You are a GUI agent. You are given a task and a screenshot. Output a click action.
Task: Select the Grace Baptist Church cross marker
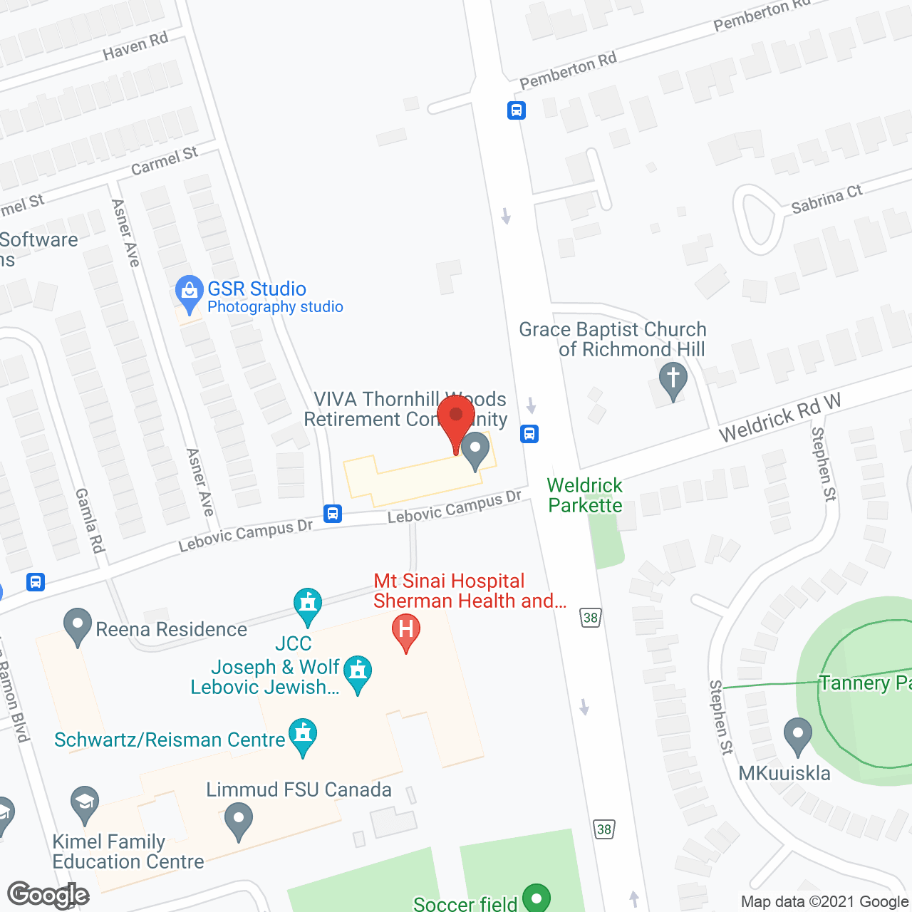coord(673,380)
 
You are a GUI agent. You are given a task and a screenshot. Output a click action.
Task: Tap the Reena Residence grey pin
coord(77,626)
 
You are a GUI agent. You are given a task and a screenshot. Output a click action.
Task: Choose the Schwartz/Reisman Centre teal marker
coord(303,736)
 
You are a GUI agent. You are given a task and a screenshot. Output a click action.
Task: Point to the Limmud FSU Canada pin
coord(238,820)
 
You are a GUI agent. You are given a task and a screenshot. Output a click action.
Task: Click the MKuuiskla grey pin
coord(797,735)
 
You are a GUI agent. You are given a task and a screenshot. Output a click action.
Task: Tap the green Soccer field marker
coord(536,897)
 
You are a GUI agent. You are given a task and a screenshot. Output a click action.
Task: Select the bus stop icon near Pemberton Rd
coord(517,110)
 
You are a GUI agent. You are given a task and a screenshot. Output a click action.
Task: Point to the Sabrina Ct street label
coord(826,199)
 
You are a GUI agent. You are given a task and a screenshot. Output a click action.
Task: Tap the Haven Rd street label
coord(135,46)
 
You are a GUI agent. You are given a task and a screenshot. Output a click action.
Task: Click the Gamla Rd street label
coord(90,520)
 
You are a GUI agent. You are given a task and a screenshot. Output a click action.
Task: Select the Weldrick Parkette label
coord(585,495)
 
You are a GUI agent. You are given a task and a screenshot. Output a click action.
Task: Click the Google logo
coord(48,895)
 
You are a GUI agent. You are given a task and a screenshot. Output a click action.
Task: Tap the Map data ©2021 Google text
coord(825,901)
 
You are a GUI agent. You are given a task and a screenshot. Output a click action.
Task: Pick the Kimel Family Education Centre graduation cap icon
coord(85,804)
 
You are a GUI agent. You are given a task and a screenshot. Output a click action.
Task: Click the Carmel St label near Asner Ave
coord(165,160)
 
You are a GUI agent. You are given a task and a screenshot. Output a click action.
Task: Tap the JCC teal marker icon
coord(308,605)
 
